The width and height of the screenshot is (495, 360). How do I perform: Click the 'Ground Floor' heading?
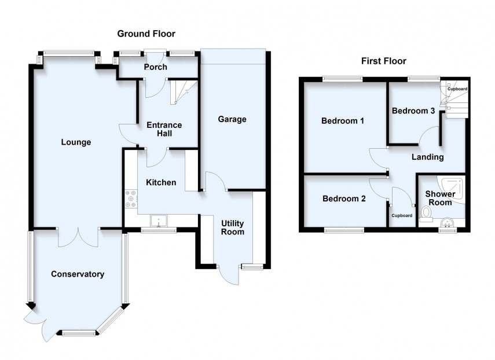click(146, 34)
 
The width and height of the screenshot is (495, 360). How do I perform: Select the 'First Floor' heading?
click(383, 61)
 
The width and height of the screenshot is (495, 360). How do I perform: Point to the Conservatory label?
click(77, 274)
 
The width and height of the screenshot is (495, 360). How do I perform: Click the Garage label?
click(232, 119)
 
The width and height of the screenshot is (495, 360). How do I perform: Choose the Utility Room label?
click(232, 227)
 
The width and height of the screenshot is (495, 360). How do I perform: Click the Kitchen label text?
click(161, 182)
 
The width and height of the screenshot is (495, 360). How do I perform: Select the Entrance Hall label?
click(164, 129)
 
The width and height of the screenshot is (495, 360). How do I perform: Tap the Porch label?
click(156, 67)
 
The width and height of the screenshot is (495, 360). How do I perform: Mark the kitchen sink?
click(157, 221)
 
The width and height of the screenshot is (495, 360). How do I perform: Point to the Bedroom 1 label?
click(343, 121)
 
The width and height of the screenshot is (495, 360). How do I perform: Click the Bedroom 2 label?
click(344, 199)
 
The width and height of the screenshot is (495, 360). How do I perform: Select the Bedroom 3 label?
click(413, 111)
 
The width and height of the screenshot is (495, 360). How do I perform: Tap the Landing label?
click(427, 157)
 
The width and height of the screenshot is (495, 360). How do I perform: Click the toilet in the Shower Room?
click(426, 214)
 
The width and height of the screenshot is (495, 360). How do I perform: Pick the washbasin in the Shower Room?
click(446, 222)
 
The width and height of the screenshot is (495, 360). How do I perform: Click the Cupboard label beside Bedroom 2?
click(402, 216)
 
